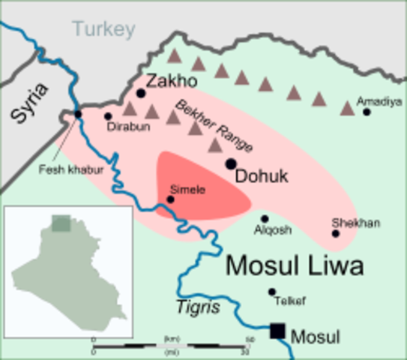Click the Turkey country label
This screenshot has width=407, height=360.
(104, 30)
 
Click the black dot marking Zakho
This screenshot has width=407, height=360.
(141, 94)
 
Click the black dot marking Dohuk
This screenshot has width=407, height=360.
(231, 163)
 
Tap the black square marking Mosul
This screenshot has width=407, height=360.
(278, 330)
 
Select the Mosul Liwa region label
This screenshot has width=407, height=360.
(294, 265)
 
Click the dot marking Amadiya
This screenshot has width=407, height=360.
(367, 112)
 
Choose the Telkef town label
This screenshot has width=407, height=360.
(291, 301)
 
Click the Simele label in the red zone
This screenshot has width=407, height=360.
(187, 189)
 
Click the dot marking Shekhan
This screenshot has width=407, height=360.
(336, 234)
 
